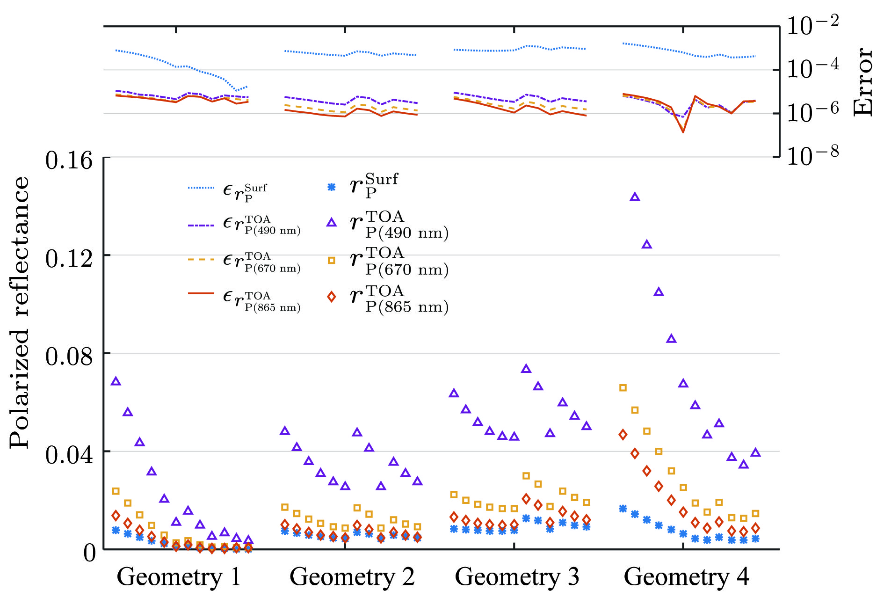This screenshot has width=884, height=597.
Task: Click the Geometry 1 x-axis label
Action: point(179,577)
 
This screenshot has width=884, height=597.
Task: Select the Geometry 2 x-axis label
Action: point(352,577)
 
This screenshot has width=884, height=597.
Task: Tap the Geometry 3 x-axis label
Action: point(517,577)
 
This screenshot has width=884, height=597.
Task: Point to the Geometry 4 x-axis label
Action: point(686,577)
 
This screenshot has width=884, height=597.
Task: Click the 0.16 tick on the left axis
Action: point(69,160)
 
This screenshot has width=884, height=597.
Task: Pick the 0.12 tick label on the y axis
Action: point(69,259)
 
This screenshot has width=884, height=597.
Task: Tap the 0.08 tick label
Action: point(69,357)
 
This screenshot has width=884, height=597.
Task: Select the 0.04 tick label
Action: point(69,455)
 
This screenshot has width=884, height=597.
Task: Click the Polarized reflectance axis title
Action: point(20,313)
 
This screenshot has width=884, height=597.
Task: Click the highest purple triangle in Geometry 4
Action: point(635,197)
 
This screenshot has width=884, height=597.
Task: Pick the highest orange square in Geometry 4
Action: point(623,388)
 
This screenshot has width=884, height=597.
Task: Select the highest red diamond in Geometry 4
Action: point(623,435)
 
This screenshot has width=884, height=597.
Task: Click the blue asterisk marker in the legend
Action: point(331,187)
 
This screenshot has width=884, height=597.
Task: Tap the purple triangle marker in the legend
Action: point(331,223)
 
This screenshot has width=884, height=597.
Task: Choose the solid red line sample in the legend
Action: point(201,294)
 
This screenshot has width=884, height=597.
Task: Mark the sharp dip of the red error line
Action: point(683,132)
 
